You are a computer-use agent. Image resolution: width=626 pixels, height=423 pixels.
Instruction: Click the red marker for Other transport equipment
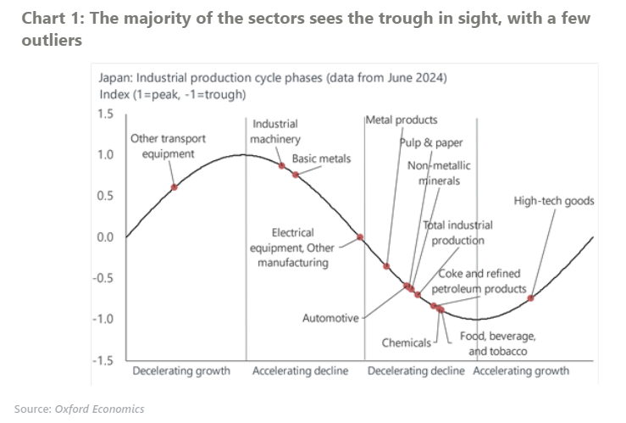174,186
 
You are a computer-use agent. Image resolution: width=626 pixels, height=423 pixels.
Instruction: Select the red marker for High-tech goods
531,298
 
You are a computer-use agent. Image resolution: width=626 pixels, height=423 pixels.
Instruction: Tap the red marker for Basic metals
295,175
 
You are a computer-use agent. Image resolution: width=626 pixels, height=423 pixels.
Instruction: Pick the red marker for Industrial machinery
282,165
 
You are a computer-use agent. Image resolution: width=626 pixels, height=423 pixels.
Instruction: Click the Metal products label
402,120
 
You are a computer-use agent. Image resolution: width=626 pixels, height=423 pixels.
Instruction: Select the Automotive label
330,319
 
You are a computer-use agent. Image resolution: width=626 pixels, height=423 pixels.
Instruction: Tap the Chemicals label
407,343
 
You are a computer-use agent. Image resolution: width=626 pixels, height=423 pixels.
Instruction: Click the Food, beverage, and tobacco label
498,343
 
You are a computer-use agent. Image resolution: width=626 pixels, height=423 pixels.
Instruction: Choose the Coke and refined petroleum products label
482,282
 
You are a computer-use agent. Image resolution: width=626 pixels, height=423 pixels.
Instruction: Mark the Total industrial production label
457,232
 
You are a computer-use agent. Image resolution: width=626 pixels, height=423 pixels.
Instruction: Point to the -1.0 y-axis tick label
102,319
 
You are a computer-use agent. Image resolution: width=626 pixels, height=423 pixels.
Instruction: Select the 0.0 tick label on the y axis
103,237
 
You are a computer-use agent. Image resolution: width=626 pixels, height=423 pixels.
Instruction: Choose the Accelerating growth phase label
521,371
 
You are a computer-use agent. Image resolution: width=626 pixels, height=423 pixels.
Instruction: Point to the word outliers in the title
52,40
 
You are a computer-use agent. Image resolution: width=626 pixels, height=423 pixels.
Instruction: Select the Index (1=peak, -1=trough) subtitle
173,93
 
